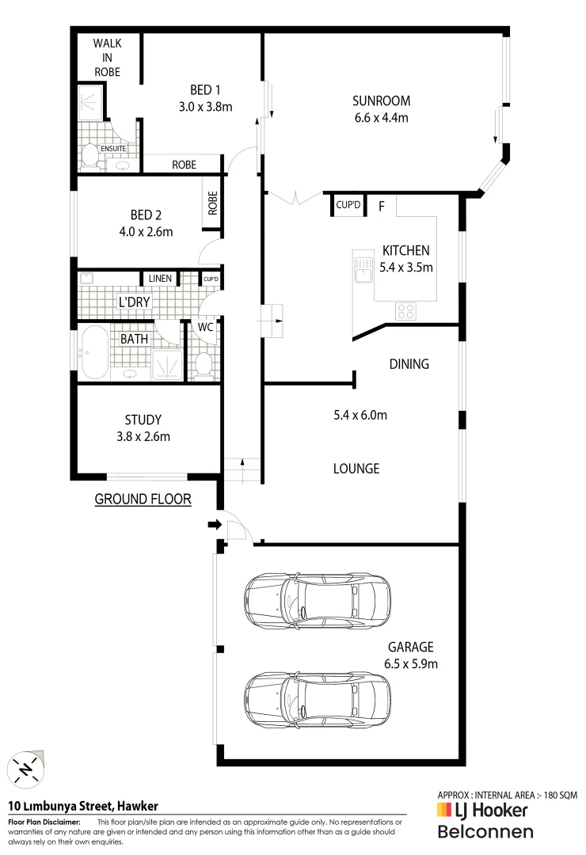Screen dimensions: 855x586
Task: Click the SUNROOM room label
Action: [x=381, y=101]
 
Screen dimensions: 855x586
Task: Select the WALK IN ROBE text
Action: [x=107, y=56]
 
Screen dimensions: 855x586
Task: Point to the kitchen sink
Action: [x=363, y=269]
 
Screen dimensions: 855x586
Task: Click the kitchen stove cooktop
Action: [x=405, y=311]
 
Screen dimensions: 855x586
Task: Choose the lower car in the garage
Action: [x=318, y=694]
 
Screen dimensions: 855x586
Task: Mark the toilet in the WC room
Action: [x=204, y=365]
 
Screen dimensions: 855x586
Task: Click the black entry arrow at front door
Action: [x=213, y=524]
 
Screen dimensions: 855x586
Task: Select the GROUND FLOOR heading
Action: [x=143, y=499]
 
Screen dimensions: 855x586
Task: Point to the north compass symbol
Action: [x=26, y=769]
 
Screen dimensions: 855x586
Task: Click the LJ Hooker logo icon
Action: [x=444, y=810]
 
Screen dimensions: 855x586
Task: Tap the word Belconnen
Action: [x=485, y=831]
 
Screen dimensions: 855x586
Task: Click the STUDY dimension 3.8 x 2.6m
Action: [x=143, y=436]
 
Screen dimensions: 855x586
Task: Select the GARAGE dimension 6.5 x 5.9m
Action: [x=410, y=663]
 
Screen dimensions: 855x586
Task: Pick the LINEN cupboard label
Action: [x=160, y=279]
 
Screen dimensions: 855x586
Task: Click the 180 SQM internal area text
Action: [x=555, y=794]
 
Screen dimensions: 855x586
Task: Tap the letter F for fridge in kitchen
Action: [x=381, y=207]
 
